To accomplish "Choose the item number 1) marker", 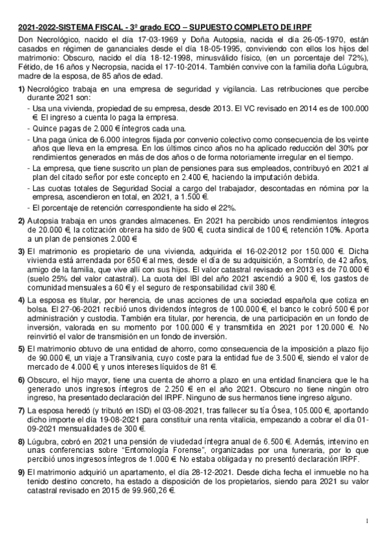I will [x=21, y=88].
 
